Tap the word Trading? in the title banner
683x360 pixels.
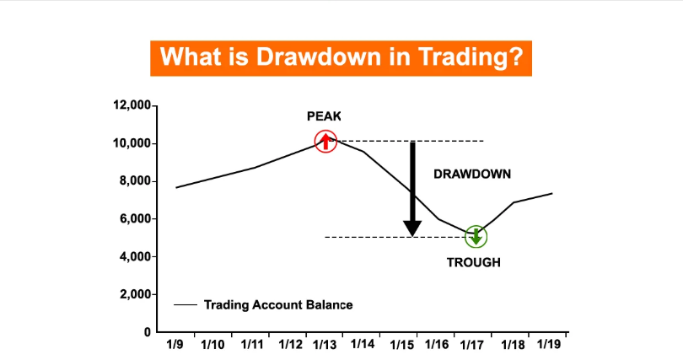pyautogui.click(x=471, y=57)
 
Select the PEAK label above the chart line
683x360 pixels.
pyautogui.click(x=324, y=116)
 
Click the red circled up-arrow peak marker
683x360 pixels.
pyautogui.click(x=325, y=141)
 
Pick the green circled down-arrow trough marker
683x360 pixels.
pyautogui.click(x=476, y=237)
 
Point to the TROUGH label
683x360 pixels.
pyautogui.click(x=474, y=262)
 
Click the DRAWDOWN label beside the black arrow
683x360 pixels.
pyautogui.click(x=472, y=175)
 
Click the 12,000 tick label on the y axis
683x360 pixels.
pyautogui.click(x=132, y=105)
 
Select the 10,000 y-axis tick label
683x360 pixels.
pyautogui.click(x=132, y=143)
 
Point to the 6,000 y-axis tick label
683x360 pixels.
pyautogui.click(x=135, y=218)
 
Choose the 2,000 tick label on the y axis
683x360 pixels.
pyautogui.click(x=135, y=294)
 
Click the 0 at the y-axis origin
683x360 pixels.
pyautogui.click(x=148, y=332)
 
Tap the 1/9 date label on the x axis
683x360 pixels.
pyautogui.click(x=175, y=344)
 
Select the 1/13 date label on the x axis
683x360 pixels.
pyautogui.click(x=325, y=345)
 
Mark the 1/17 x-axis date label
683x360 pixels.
pyautogui.click(x=471, y=345)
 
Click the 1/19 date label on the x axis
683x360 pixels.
pyautogui.click(x=548, y=344)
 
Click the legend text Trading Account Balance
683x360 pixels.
pyautogui.click(x=278, y=304)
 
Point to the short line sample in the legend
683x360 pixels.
pyautogui.click(x=186, y=304)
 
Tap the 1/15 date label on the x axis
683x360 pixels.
pyautogui.click(x=401, y=345)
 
